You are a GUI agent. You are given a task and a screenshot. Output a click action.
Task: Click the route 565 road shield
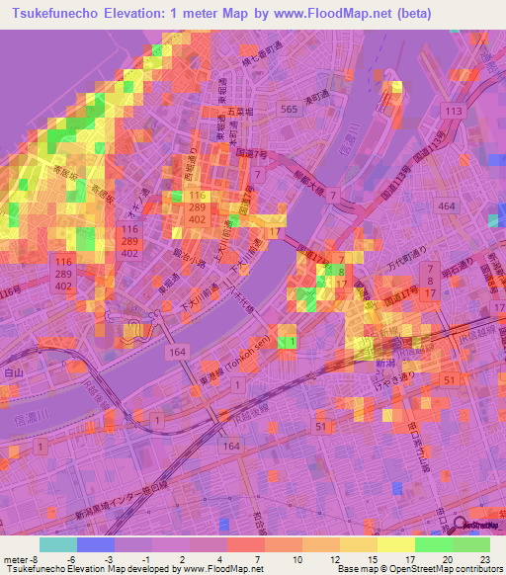click(x=289, y=110)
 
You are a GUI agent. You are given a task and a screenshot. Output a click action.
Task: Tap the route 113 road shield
click(x=453, y=111)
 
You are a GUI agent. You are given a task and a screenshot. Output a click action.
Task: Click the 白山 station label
click(x=13, y=373)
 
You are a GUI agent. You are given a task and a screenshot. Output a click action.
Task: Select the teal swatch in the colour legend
click(x=58, y=544)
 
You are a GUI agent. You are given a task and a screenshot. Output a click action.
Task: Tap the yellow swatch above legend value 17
click(x=396, y=544)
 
